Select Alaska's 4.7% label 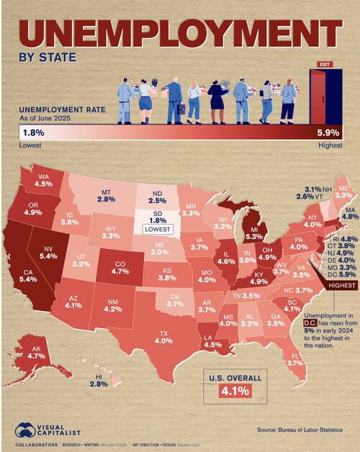[x=36, y=355]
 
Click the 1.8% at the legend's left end [x=32, y=132]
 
